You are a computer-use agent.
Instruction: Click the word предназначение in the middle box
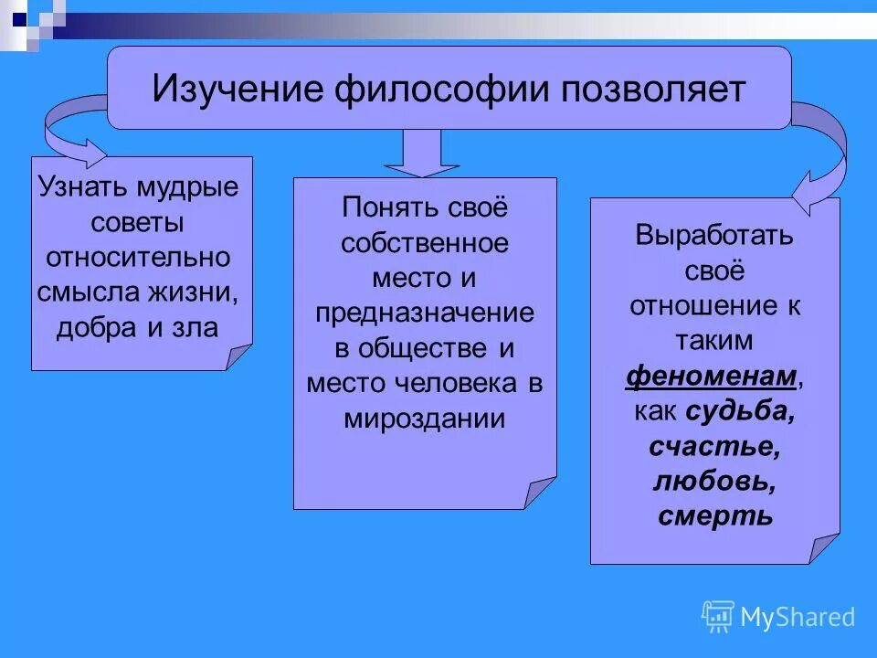(x=425, y=313)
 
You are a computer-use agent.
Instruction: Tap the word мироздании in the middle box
(x=425, y=418)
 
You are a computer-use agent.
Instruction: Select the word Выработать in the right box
(x=714, y=236)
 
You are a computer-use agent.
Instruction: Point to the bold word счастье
(x=714, y=446)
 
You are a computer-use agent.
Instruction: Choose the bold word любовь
(x=714, y=481)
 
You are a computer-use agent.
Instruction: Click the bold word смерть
(x=714, y=515)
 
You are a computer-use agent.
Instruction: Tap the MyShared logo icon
(x=718, y=617)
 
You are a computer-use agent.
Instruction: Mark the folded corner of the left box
(x=238, y=356)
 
